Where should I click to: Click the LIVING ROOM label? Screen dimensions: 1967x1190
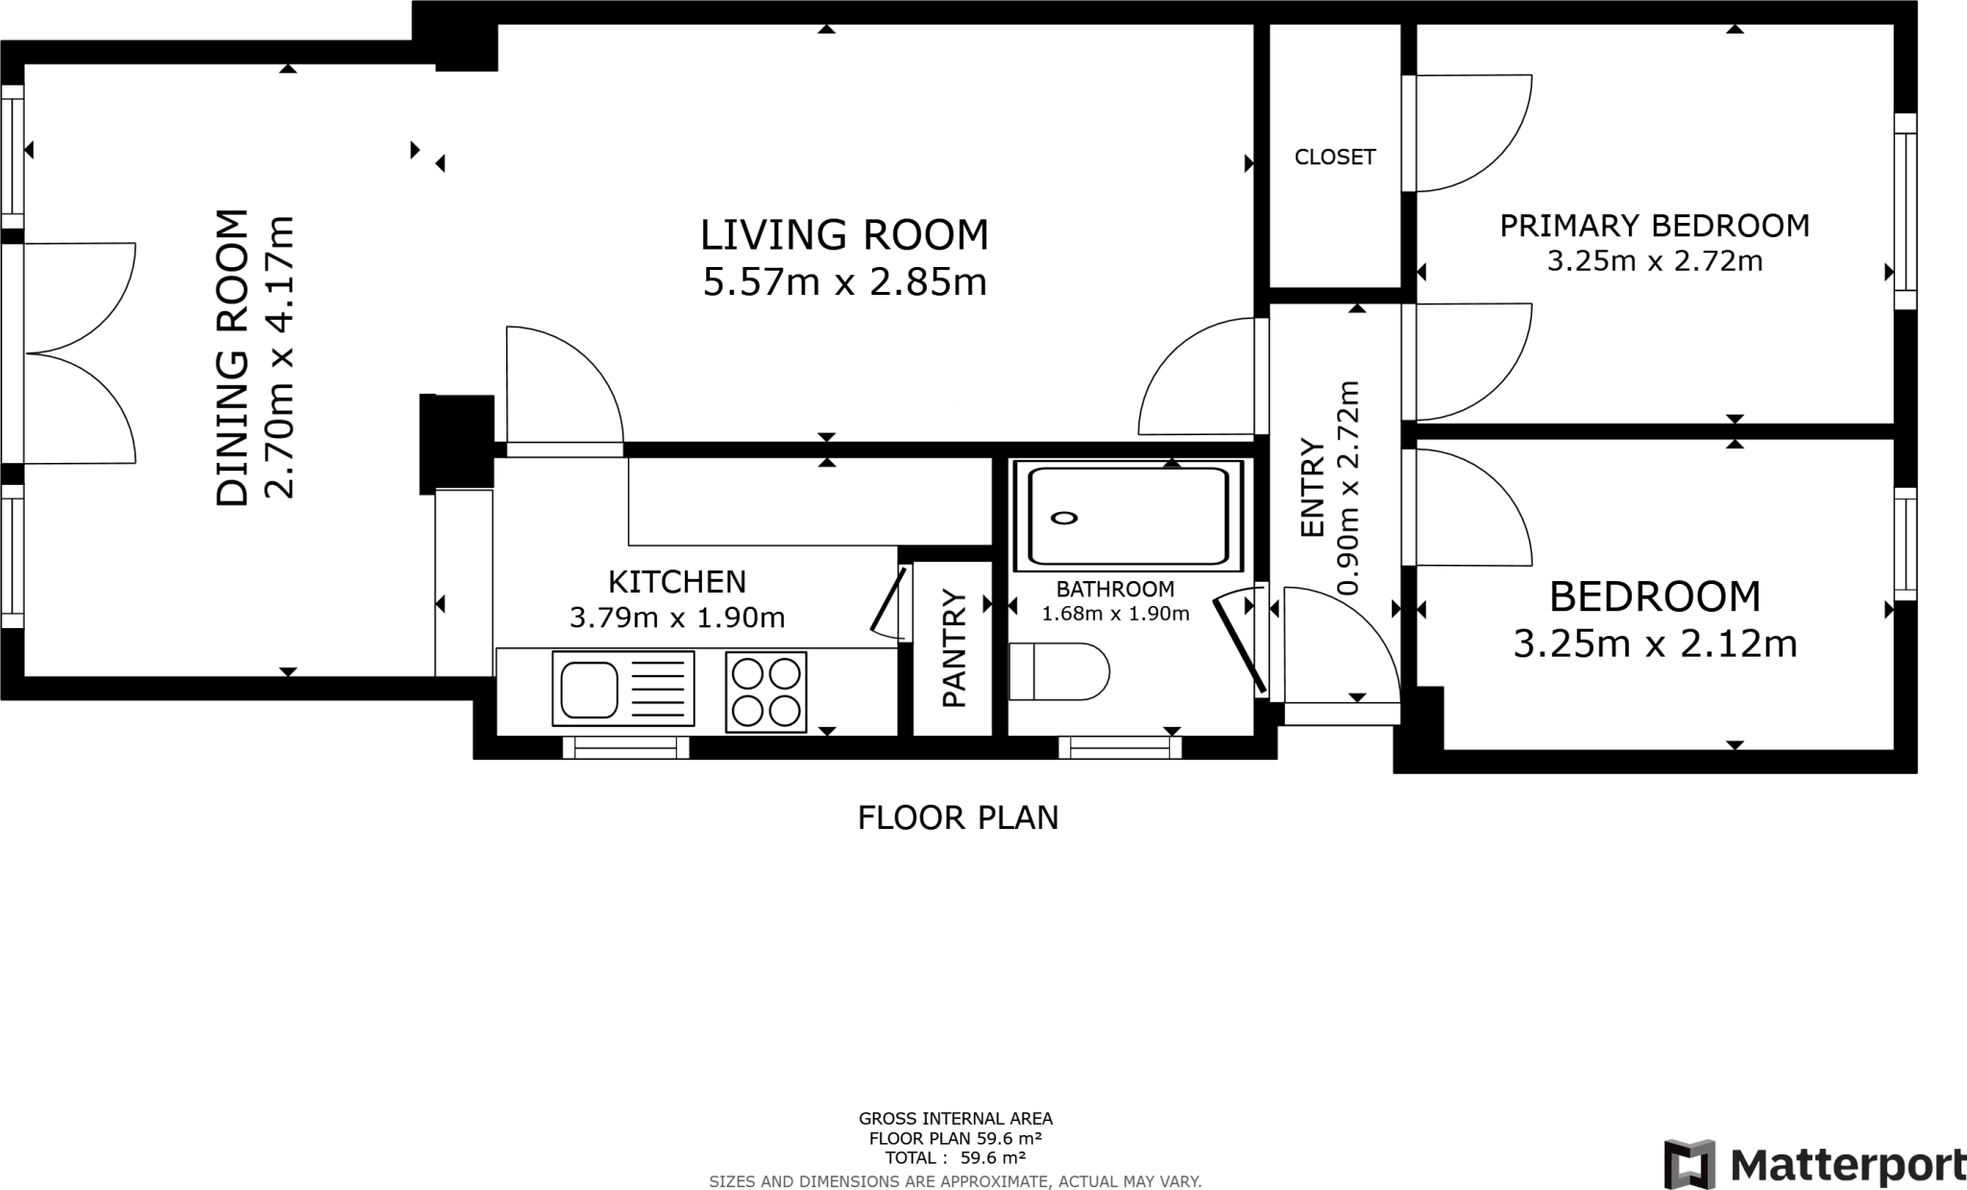click(x=844, y=235)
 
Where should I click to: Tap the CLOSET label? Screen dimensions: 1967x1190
click(x=1335, y=157)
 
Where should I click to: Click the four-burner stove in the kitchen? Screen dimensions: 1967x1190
click(x=765, y=692)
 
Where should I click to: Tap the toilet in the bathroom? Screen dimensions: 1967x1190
click(x=1059, y=671)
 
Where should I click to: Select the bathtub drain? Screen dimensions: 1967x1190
click(x=1064, y=519)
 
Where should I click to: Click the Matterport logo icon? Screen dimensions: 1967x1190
click(x=1689, y=1164)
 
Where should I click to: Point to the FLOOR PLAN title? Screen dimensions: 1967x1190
click(x=958, y=818)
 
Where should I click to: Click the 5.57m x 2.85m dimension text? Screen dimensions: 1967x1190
click(x=845, y=282)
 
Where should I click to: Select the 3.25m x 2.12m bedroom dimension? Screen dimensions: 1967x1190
click(x=1655, y=644)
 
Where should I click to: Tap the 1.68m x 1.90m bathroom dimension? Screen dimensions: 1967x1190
click(x=1115, y=613)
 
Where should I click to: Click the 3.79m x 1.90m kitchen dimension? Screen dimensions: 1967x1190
click(x=677, y=617)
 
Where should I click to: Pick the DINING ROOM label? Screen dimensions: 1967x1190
click(x=232, y=357)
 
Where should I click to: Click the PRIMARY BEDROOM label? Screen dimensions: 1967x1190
click(x=1655, y=226)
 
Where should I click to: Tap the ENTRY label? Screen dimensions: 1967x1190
click(x=1312, y=488)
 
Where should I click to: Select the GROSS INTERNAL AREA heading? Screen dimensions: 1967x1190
click(x=956, y=1119)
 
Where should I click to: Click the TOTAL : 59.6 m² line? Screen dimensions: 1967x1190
click(x=956, y=1158)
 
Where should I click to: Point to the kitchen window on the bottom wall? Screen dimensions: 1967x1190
click(x=626, y=747)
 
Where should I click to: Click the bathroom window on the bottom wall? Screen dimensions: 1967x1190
click(x=1121, y=747)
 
